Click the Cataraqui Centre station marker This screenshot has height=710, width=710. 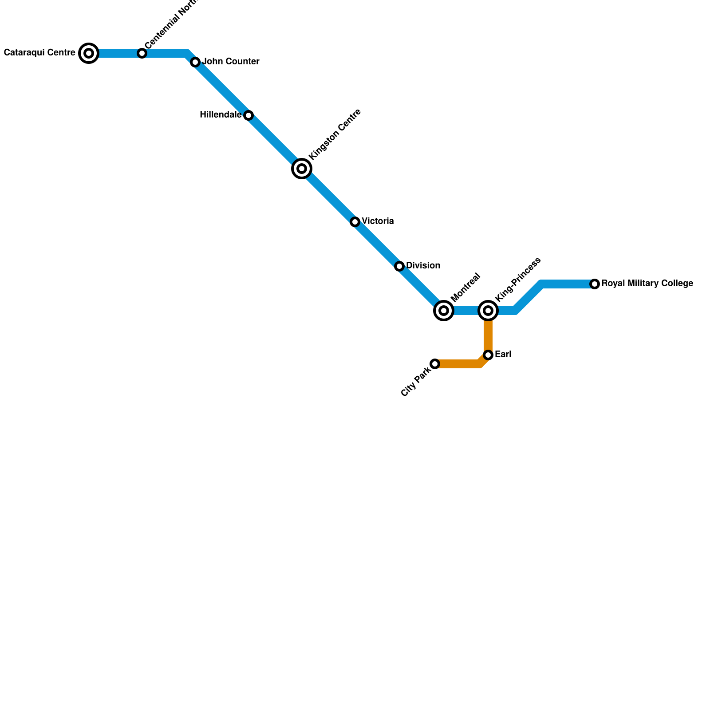click(89, 54)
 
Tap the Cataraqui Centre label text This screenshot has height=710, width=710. click(39, 53)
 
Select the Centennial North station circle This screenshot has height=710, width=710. click(142, 54)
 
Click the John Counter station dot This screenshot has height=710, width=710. click(195, 63)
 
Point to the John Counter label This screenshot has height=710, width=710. click(231, 62)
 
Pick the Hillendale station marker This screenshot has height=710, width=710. click(248, 116)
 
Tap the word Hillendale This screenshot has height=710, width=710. click(221, 115)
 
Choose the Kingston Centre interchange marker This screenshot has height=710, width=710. click(302, 169)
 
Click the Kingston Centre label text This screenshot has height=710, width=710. click(335, 134)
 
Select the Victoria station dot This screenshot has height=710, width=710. click(355, 222)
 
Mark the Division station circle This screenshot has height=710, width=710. click(399, 266)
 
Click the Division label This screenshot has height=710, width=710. click(423, 266)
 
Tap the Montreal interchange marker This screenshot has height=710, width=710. click(444, 311)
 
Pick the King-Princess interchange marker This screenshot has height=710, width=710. click(488, 311)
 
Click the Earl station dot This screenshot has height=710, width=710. click(488, 355)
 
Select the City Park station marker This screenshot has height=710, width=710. click(435, 364)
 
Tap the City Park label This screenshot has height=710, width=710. click(416, 380)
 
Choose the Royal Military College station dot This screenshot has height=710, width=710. click(595, 284)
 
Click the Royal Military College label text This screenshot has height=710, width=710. click(647, 284)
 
